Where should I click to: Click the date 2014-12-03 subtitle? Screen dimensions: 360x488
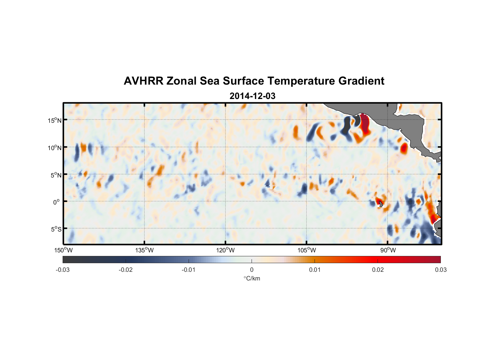coord(252,96)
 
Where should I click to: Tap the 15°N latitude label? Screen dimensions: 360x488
coord(55,120)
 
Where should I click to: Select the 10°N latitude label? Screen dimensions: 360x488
coord(55,148)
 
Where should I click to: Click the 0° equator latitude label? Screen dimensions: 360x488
coord(57,202)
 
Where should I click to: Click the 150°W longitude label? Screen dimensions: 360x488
coord(64,250)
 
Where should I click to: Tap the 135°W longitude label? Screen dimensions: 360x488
coord(145,250)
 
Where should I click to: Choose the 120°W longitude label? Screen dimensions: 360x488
coord(226,250)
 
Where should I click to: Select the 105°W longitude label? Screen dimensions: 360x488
coord(307,250)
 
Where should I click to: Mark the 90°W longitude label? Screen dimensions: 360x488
coord(388,250)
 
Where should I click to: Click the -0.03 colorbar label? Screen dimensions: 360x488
coord(63,270)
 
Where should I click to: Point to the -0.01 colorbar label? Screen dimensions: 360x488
coord(189,270)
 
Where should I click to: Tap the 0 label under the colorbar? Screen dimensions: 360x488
coord(252,270)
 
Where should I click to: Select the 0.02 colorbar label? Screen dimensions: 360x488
coord(378,270)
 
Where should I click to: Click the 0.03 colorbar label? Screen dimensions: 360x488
coord(440,270)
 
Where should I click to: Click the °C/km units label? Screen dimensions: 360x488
coord(252,278)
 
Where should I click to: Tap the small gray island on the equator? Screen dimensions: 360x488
coord(381,204)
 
